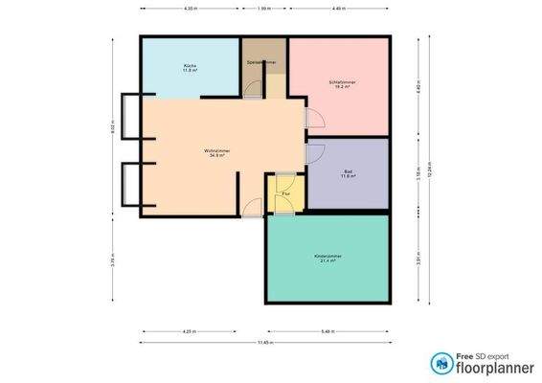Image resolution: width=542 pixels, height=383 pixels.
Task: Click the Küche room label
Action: coord(190,68)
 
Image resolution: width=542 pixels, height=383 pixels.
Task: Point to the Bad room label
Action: coord(348,173)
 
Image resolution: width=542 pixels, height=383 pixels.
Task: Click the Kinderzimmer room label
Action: coord(327,258)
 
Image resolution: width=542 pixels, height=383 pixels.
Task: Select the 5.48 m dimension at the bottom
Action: coord(327,332)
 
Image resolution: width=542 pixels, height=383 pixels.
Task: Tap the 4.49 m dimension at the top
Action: coord(338,9)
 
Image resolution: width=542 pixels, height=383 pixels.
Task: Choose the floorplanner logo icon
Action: coord(441,362)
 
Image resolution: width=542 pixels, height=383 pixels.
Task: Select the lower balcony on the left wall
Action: coord(131,186)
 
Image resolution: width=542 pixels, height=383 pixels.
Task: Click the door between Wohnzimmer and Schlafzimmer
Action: coord(309,119)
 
